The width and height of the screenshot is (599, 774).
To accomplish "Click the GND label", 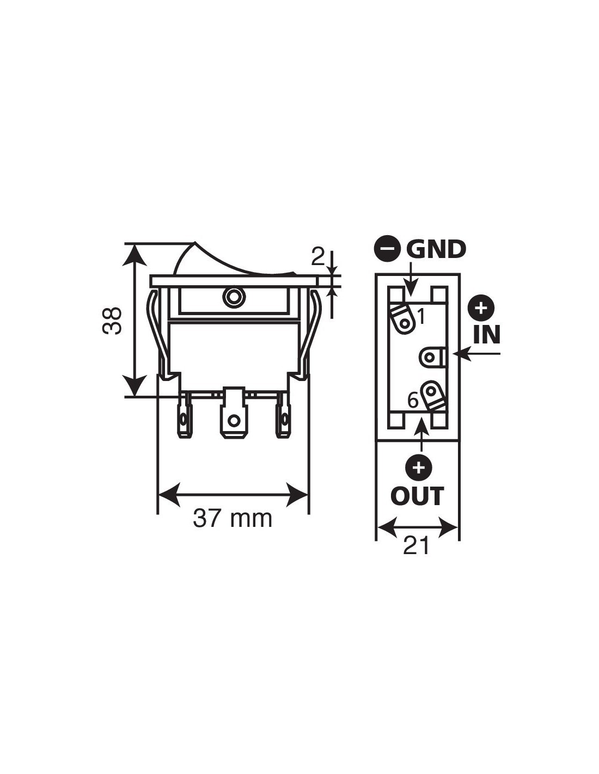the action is (x=436, y=249).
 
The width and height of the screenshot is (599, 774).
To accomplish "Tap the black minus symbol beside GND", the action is (x=386, y=249).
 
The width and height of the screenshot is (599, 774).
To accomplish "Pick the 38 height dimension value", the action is (x=112, y=320).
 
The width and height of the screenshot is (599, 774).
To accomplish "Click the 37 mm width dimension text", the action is (x=233, y=519).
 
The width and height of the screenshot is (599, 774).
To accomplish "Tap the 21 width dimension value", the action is (x=416, y=545).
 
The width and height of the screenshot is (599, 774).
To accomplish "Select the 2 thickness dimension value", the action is (x=318, y=257).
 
